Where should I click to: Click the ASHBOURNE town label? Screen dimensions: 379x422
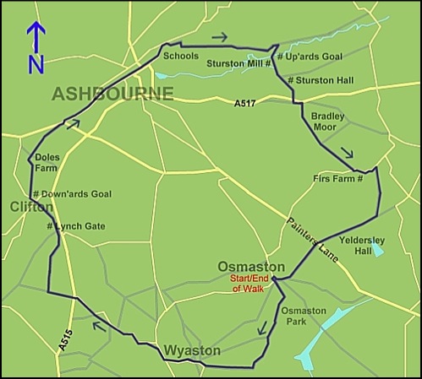112,94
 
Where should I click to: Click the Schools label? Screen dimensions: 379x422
181,57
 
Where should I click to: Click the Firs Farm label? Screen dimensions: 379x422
336,179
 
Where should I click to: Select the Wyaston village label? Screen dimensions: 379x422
192,349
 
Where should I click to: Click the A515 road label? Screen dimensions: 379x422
65,338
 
